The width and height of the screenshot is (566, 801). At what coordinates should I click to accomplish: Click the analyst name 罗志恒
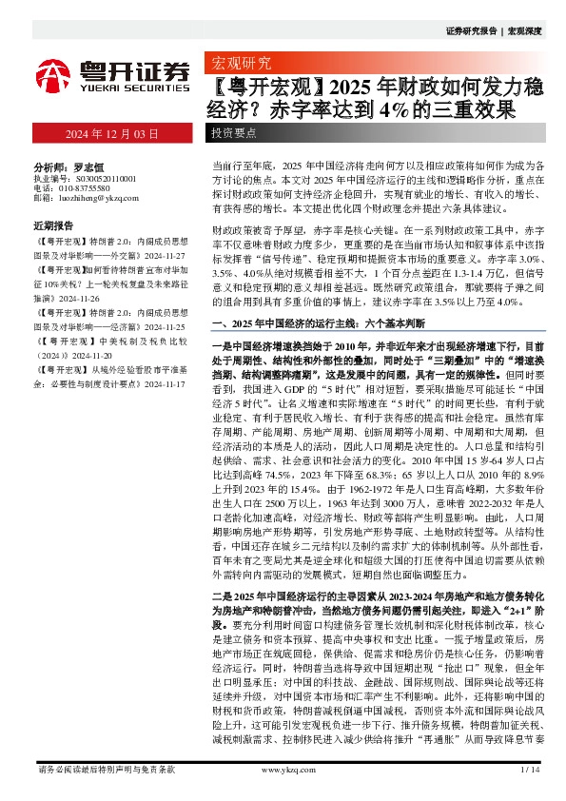85,165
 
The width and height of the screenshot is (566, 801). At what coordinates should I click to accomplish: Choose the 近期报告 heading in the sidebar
53,226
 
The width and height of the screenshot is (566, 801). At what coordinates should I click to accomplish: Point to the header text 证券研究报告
472,30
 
